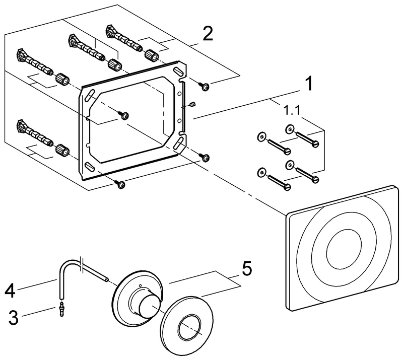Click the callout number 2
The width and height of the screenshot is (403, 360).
coord(208,34)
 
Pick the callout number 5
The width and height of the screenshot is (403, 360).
coord(246,268)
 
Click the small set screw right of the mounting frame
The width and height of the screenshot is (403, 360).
coord(191,104)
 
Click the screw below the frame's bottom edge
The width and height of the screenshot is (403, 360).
coord(121,184)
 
